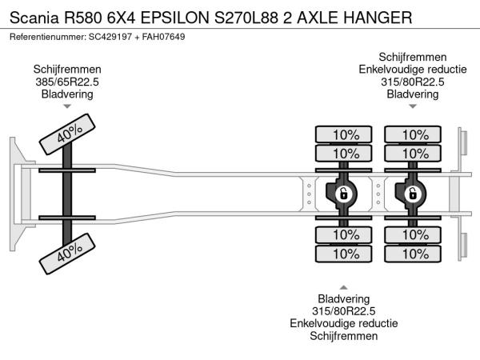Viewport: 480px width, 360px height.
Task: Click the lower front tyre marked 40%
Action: click(67, 253)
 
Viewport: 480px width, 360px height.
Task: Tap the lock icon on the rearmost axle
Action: click(413, 193)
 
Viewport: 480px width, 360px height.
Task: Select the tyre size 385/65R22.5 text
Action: click(67, 82)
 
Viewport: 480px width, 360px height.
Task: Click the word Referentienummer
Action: click(46, 38)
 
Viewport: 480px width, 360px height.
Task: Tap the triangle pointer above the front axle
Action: click(67, 106)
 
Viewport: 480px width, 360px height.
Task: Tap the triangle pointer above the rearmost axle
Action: click(413, 106)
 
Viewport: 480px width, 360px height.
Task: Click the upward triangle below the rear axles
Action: click(344, 286)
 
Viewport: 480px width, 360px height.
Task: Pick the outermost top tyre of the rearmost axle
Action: click(413, 134)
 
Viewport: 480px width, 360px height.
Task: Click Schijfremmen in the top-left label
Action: click(67, 69)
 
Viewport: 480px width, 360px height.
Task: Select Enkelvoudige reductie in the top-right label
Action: click(413, 69)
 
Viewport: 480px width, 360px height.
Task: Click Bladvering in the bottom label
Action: click(344, 298)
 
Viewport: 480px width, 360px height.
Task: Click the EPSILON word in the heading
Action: click(172, 16)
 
